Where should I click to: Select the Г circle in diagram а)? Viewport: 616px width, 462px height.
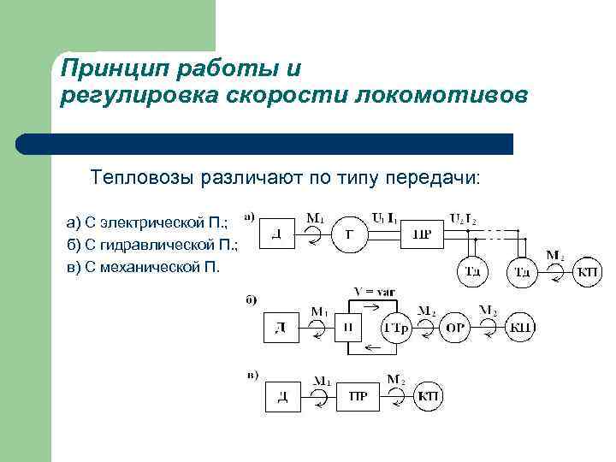pyautogui.click(x=348, y=234)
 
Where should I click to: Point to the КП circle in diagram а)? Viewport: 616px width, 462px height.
pyautogui.click(x=586, y=272)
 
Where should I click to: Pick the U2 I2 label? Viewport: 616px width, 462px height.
pyautogui.click(x=463, y=217)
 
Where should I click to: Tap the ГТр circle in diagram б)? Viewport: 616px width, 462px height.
pyautogui.click(x=397, y=329)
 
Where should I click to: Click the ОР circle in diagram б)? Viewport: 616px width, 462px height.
pyautogui.click(x=455, y=329)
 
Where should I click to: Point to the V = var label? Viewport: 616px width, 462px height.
pyautogui.click(x=374, y=293)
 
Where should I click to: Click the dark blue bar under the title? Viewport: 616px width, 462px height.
pyautogui.click(x=265, y=144)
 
